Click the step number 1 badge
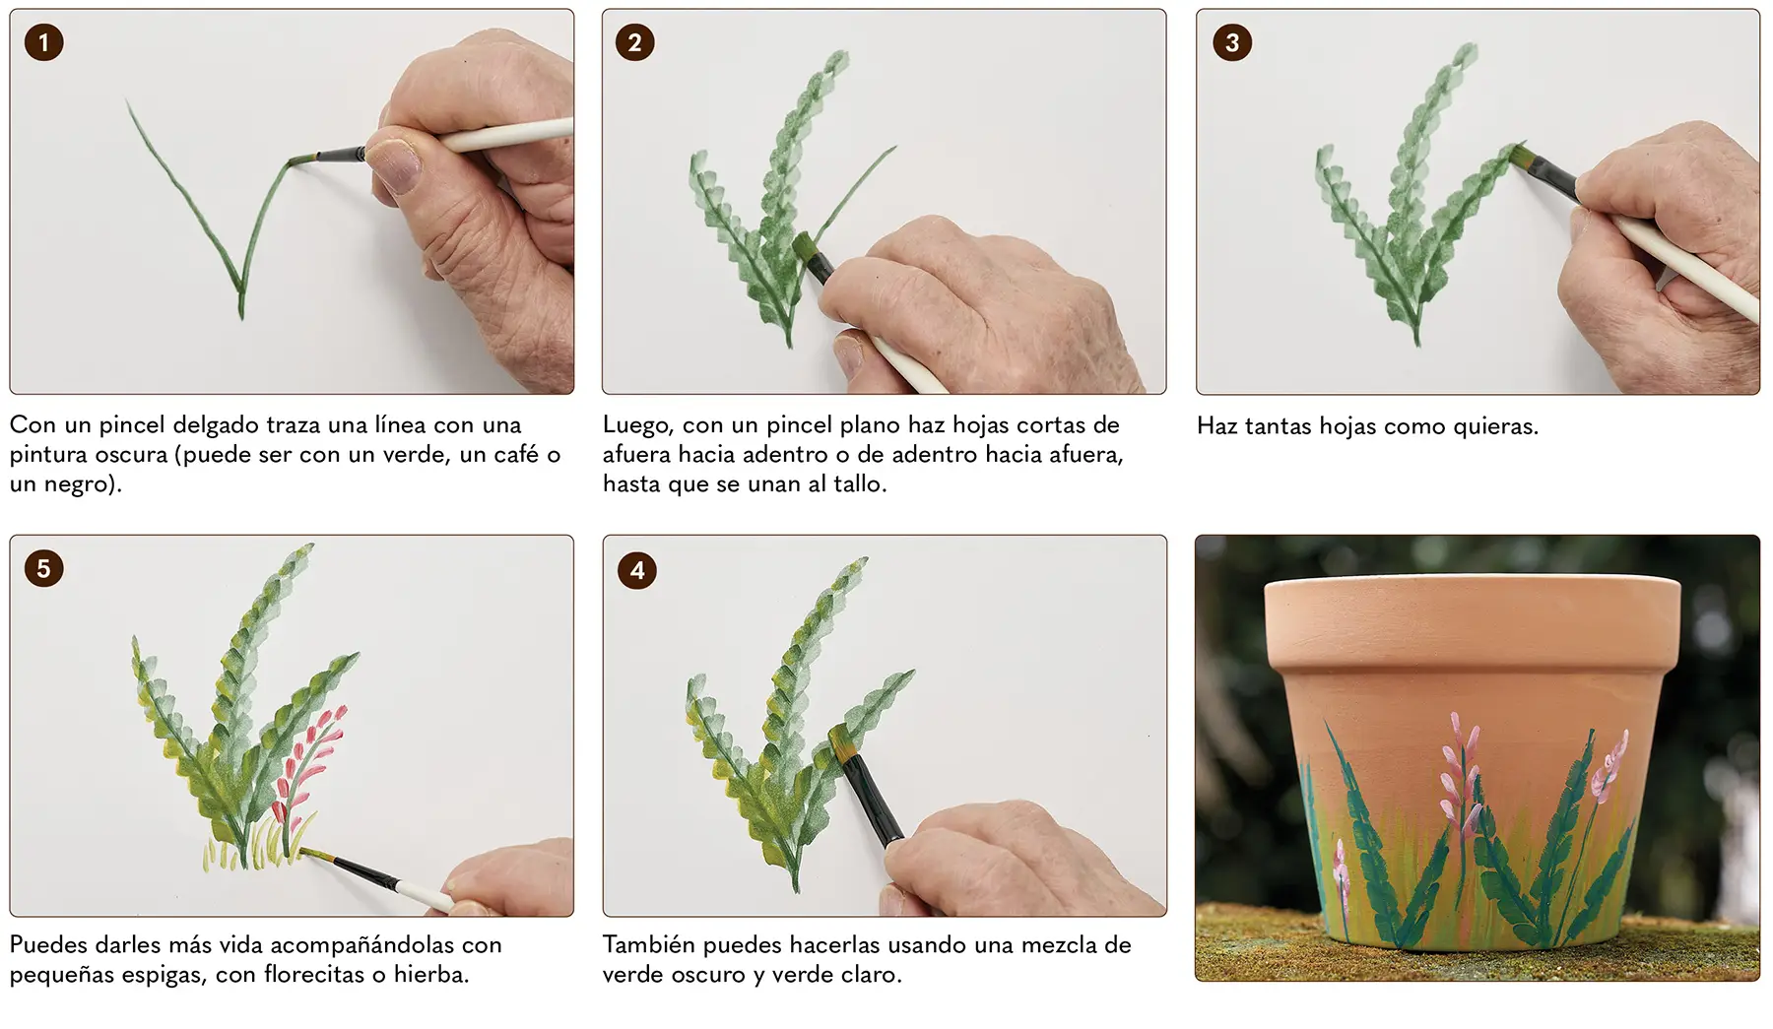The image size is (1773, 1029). coord(43,42)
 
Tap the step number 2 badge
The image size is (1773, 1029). coord(634,42)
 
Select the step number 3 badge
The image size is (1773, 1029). coord(1232,42)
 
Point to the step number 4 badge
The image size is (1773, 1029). coord(637,570)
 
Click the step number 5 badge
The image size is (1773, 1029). coord(43,568)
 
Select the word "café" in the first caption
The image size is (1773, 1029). coord(516,454)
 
